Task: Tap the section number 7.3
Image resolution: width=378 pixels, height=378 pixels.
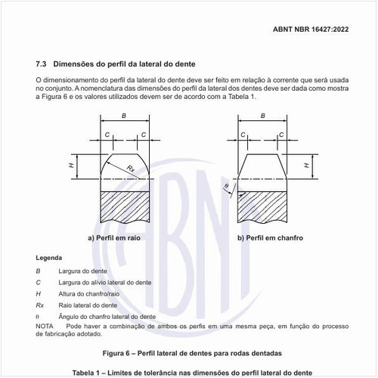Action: pos(42,64)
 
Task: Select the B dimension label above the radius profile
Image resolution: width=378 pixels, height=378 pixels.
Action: pos(123,116)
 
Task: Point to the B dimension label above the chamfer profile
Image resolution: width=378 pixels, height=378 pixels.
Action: pos(263,116)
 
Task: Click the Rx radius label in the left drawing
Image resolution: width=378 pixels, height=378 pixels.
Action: pos(131,168)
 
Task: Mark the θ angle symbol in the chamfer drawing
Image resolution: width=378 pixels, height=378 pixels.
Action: pos(225,185)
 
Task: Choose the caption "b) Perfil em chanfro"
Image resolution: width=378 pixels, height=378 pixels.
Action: pos(270,238)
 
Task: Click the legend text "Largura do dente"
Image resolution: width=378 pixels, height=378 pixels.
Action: pos(82,271)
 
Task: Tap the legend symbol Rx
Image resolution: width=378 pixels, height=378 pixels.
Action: pos(40,305)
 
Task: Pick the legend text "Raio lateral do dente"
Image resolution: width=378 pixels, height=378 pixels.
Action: pos(88,305)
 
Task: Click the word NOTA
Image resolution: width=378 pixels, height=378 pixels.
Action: pos(45,326)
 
